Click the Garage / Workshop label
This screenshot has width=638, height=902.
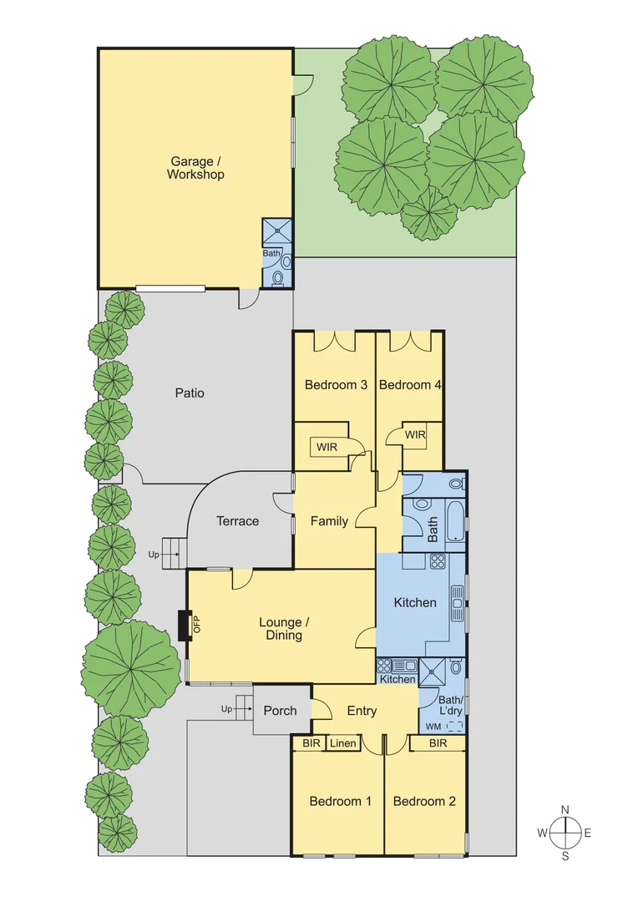pyautogui.click(x=195, y=168)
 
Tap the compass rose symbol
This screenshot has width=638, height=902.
pyautogui.click(x=565, y=832)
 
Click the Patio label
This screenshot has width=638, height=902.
pyautogui.click(x=190, y=393)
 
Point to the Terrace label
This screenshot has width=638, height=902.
pyautogui.click(x=238, y=520)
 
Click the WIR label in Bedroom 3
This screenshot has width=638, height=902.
pyautogui.click(x=325, y=448)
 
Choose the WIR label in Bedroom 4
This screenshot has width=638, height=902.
pyautogui.click(x=415, y=434)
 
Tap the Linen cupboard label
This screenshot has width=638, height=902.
pyautogui.click(x=342, y=742)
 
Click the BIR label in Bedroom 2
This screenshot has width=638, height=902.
pyautogui.click(x=438, y=742)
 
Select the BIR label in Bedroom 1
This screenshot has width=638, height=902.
pyautogui.click(x=311, y=742)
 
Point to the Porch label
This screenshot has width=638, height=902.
pyautogui.click(x=280, y=710)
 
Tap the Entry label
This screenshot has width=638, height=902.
pyautogui.click(x=362, y=711)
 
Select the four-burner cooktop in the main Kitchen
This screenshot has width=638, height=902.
pyautogui.click(x=438, y=562)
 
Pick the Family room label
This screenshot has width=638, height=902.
pyautogui.click(x=329, y=521)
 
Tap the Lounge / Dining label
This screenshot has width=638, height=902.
pyautogui.click(x=281, y=628)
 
